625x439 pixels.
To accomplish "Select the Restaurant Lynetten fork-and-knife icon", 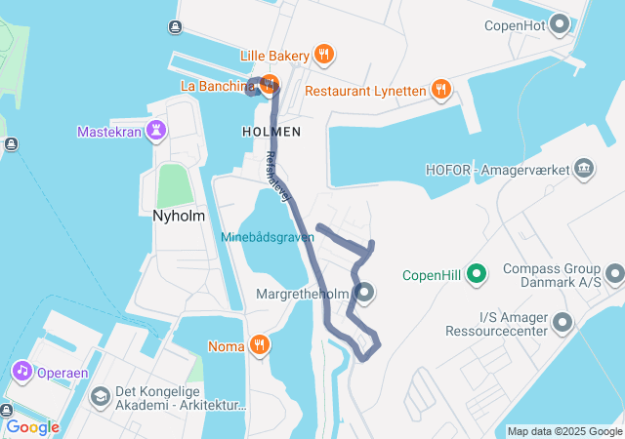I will coord(441,90).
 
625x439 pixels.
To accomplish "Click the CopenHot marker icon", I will coord(560,22).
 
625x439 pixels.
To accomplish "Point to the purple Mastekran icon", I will coord(156,130).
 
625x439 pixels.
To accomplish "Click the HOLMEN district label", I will coord(271,131).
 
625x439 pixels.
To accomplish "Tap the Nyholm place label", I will coord(177,216).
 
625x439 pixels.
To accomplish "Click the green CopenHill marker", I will coord(477,274).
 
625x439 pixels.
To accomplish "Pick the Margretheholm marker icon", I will coord(364,292).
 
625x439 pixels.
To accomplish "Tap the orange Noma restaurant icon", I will coord(259,344).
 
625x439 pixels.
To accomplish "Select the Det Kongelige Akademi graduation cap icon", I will coord(100,397).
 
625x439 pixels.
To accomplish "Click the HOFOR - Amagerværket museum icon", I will coord(585,169).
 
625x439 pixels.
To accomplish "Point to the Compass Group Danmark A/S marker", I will coord(613,273).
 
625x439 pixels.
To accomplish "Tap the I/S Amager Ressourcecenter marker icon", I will coord(562,321).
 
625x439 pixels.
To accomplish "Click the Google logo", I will coord(32,427).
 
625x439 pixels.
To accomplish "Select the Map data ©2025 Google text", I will coord(563,431).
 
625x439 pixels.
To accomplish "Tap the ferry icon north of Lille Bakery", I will coord(174,27).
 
